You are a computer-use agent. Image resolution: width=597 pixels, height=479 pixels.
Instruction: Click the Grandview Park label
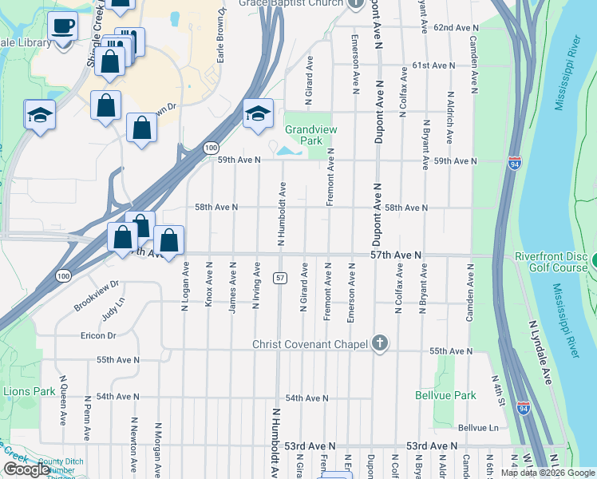click(304, 133)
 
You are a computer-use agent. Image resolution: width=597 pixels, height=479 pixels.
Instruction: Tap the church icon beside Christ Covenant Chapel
click(379, 344)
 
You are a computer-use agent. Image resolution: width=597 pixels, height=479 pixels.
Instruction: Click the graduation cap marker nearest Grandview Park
click(258, 115)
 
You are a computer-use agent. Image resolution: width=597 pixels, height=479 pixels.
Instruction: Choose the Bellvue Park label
click(445, 395)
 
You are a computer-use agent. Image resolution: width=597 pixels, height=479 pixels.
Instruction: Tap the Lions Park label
click(29, 391)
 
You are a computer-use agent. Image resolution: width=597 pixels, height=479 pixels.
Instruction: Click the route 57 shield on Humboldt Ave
click(279, 278)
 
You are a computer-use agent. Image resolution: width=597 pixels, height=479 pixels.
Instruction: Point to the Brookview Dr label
click(96, 287)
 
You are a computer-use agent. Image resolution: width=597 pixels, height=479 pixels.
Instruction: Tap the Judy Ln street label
click(114, 305)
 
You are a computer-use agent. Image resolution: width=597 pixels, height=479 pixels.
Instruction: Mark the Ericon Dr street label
click(99, 335)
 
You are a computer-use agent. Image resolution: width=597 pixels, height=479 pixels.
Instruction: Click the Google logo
click(26, 469)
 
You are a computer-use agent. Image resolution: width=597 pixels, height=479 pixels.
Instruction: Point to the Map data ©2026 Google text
click(547, 473)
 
